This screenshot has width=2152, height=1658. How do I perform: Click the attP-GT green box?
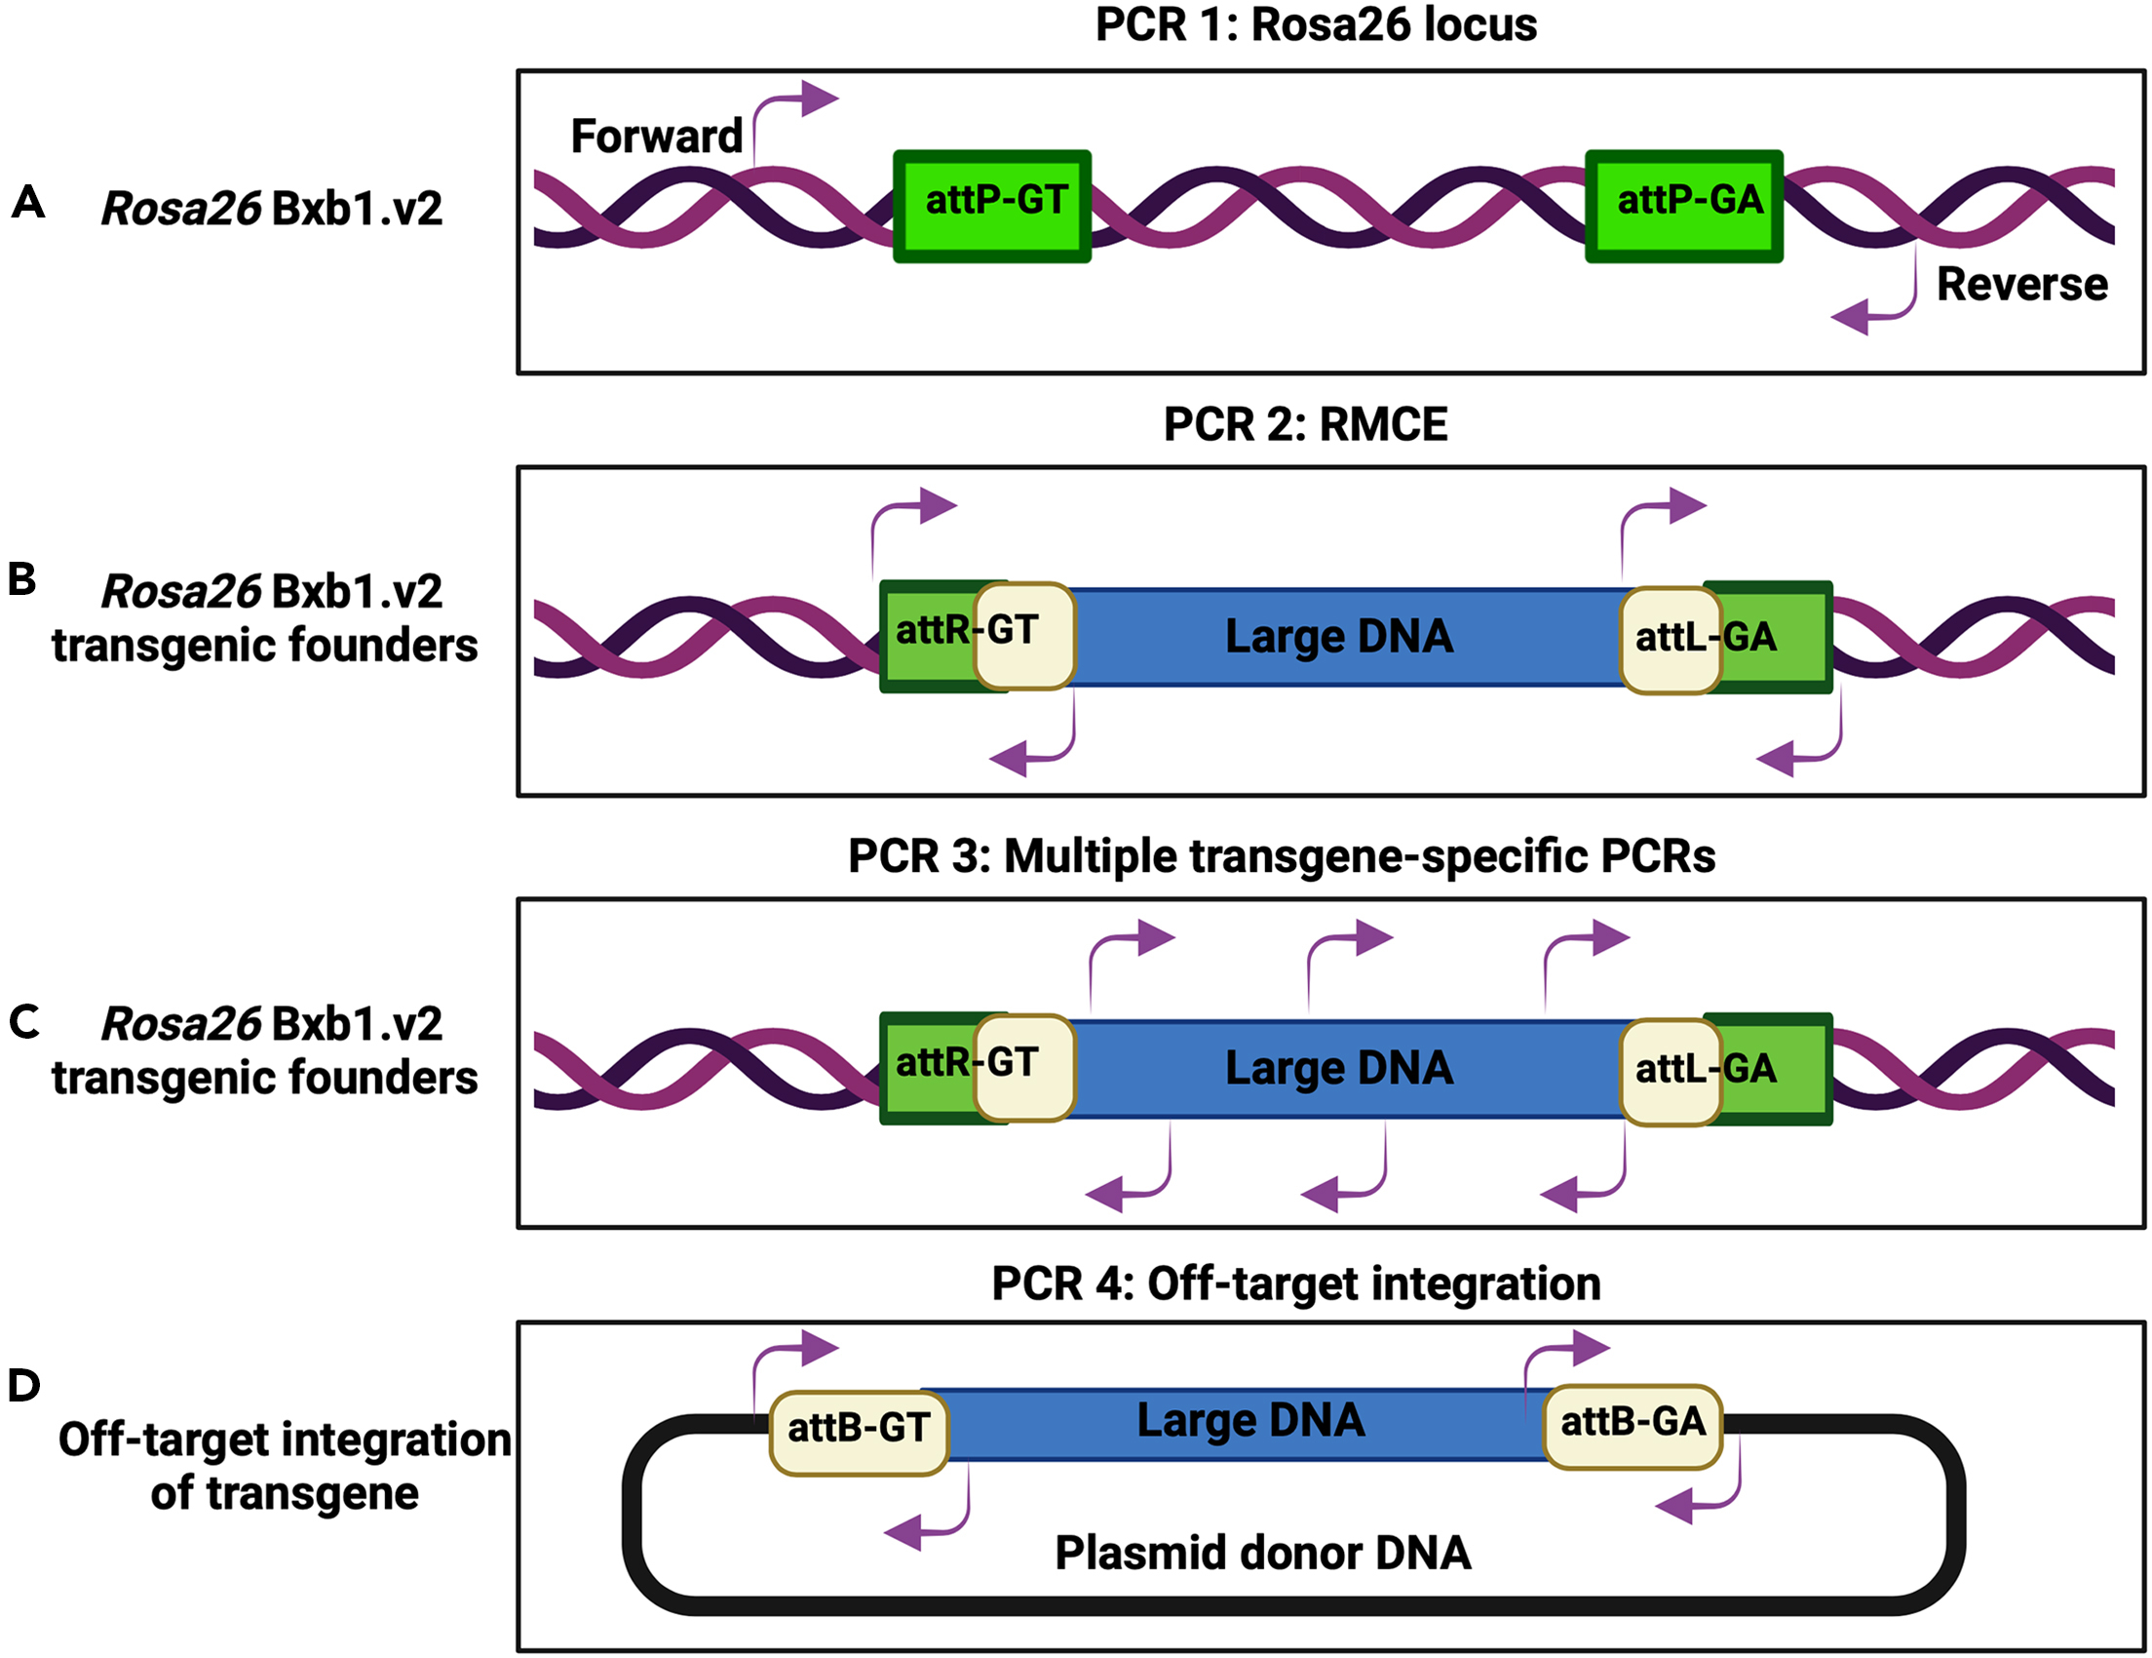click(992, 206)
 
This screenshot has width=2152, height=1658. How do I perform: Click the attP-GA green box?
click(1684, 206)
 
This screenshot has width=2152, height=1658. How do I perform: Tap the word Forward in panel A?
click(656, 136)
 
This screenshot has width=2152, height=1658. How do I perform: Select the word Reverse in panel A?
click(2022, 284)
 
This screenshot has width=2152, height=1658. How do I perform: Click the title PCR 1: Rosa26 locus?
click(1316, 23)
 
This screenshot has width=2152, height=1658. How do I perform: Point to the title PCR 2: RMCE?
click(1305, 425)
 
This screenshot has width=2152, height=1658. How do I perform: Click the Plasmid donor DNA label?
click(1262, 1553)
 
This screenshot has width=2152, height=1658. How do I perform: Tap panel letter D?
click(24, 1385)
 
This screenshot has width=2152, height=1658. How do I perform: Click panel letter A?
click(28, 202)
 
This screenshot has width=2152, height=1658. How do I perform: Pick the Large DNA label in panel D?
click(1250, 1420)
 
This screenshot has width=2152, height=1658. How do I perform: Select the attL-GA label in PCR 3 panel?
click(1706, 1069)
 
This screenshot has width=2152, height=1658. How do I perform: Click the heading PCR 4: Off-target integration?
click(1295, 1284)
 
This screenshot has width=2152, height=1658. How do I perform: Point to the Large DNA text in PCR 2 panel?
click(1338, 637)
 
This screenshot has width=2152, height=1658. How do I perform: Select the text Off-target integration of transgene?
click(285, 1466)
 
